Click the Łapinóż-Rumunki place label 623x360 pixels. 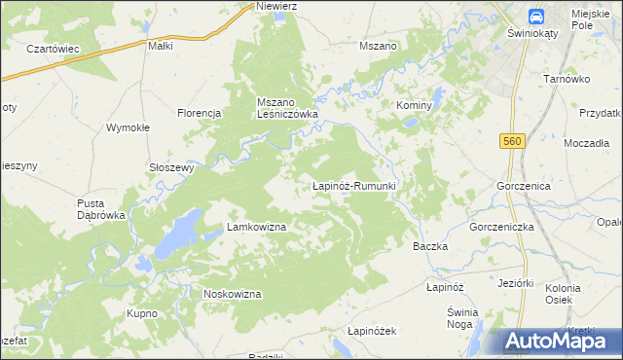pos(351,185)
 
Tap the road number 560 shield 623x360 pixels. pos(513,142)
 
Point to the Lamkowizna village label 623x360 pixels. pos(256,227)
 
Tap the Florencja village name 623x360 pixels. pos(200,113)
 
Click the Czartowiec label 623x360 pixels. pos(53,49)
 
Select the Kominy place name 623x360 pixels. pos(413,104)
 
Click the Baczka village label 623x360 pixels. pos(430,246)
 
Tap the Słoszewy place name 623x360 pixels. pos(172,166)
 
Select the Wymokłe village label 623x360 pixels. pos(127,127)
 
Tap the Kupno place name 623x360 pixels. pos(142,313)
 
